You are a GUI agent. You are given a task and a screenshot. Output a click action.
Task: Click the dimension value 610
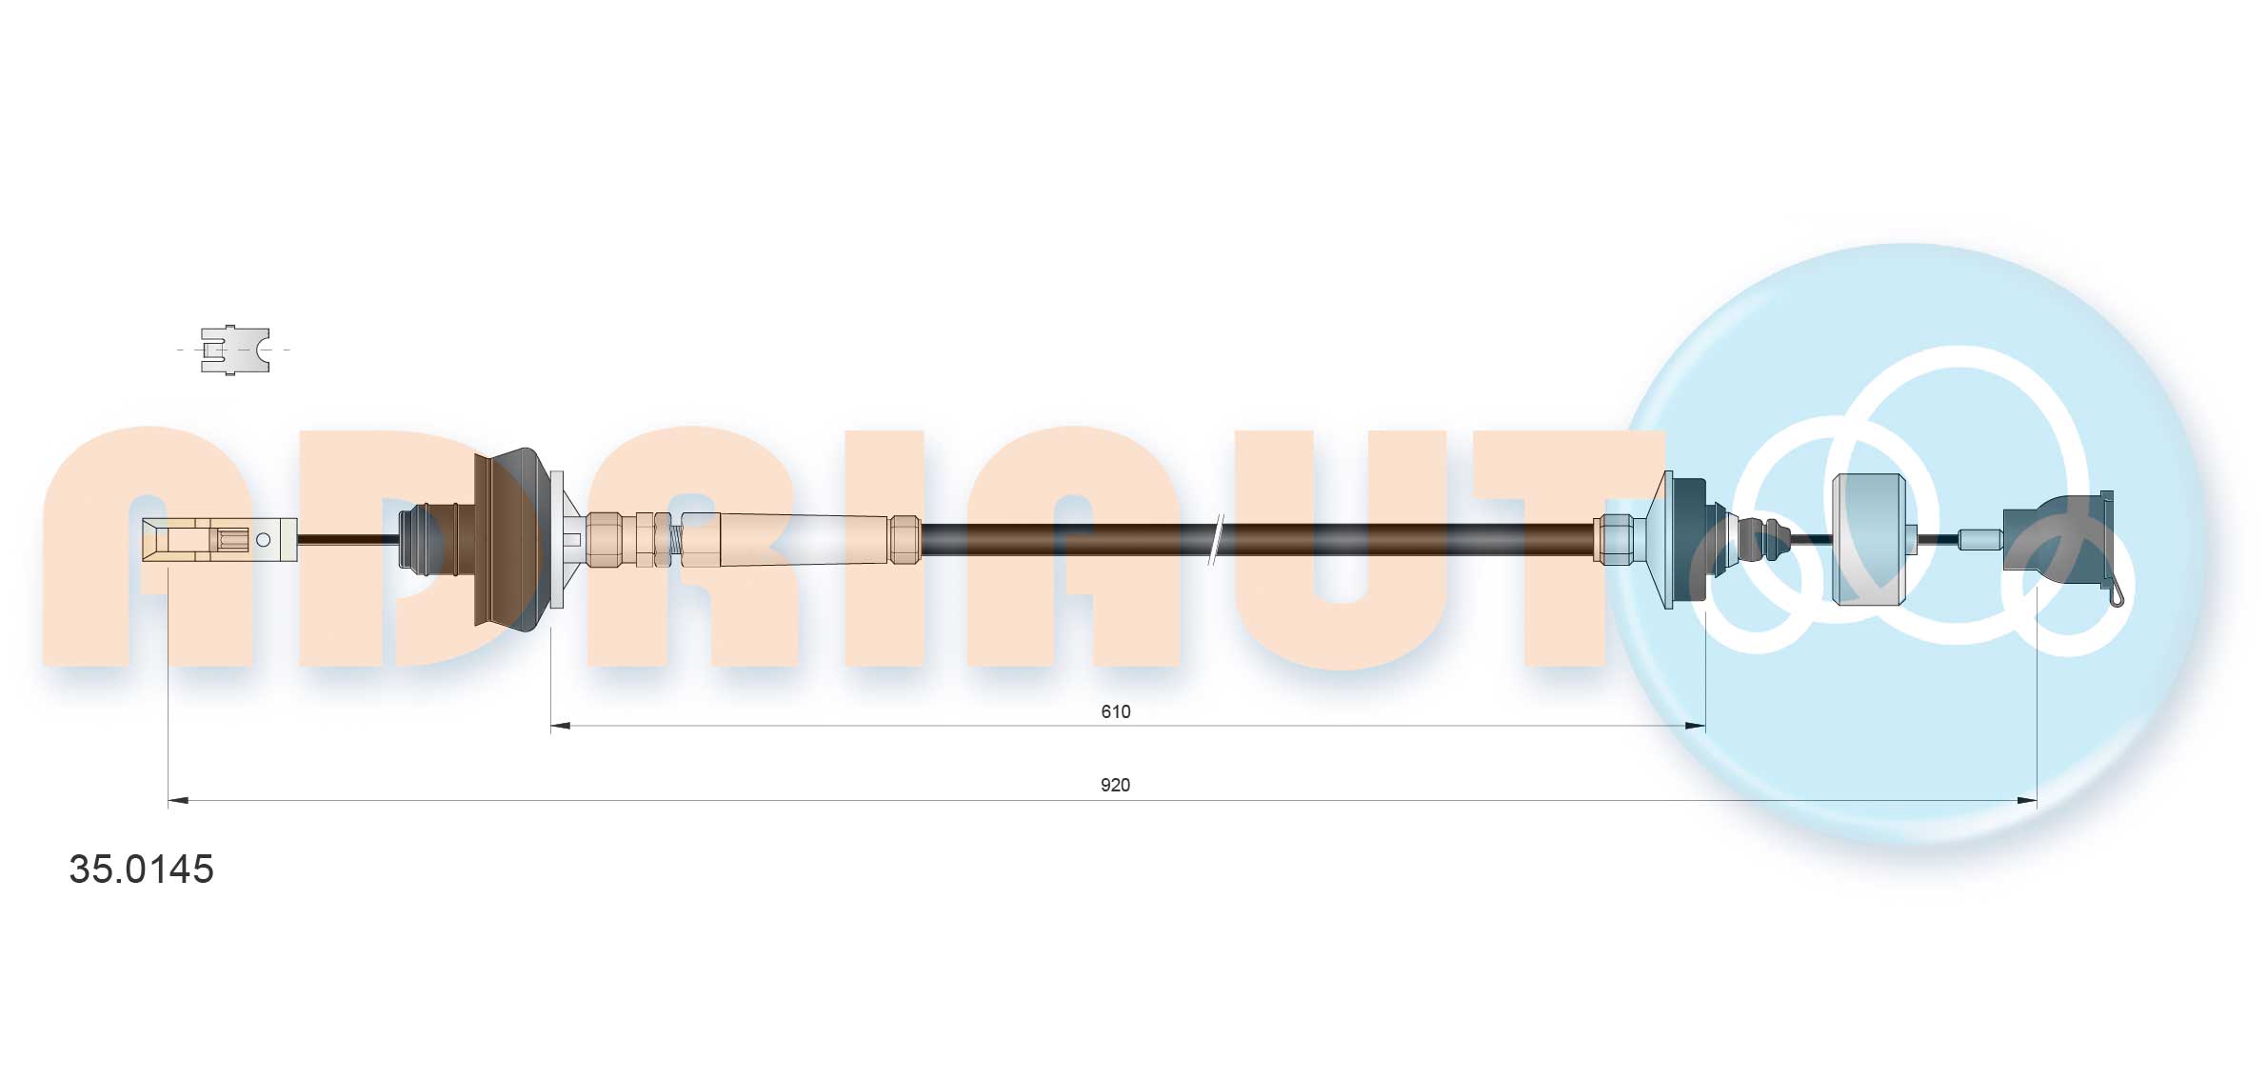[x=1115, y=711]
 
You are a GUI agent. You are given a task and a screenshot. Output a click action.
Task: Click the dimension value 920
[x=1115, y=785]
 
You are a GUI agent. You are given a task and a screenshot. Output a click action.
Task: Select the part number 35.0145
[x=141, y=869]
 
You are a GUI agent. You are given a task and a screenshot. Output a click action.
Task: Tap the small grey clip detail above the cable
[x=234, y=350]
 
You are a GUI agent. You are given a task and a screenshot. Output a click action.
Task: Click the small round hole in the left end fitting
[x=264, y=540]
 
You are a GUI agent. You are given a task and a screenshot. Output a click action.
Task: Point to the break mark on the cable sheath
[x=1216, y=540]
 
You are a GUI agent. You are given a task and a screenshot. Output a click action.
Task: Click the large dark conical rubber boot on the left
[x=509, y=538]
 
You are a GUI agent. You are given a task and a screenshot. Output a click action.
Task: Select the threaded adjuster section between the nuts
[x=675, y=540]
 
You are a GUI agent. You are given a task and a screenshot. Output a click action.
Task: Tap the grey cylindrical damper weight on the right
[x=1868, y=539]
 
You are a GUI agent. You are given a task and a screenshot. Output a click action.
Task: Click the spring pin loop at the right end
[x=2116, y=596]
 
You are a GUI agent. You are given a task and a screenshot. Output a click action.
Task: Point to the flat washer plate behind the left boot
[x=557, y=539]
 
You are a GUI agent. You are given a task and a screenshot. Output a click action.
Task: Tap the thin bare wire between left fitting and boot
[x=348, y=540]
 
